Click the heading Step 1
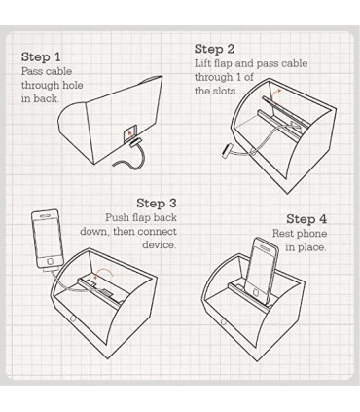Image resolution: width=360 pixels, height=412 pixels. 41,56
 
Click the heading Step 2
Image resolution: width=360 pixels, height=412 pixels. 214,49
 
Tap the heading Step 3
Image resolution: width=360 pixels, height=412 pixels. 157,204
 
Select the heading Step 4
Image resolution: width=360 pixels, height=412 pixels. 306,219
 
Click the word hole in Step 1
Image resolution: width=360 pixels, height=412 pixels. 72,85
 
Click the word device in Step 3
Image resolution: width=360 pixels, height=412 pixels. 160,244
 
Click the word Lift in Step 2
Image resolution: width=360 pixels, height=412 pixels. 202,63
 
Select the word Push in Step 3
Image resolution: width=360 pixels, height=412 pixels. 117,217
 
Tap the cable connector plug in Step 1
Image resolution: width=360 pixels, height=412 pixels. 135,143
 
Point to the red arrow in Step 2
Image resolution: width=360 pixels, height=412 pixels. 275,94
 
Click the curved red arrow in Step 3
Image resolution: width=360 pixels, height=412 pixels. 103,273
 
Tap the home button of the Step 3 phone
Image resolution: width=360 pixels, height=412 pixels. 51,261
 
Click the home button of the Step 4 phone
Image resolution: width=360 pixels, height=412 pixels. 257,292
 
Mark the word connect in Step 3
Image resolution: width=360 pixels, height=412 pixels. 158,232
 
